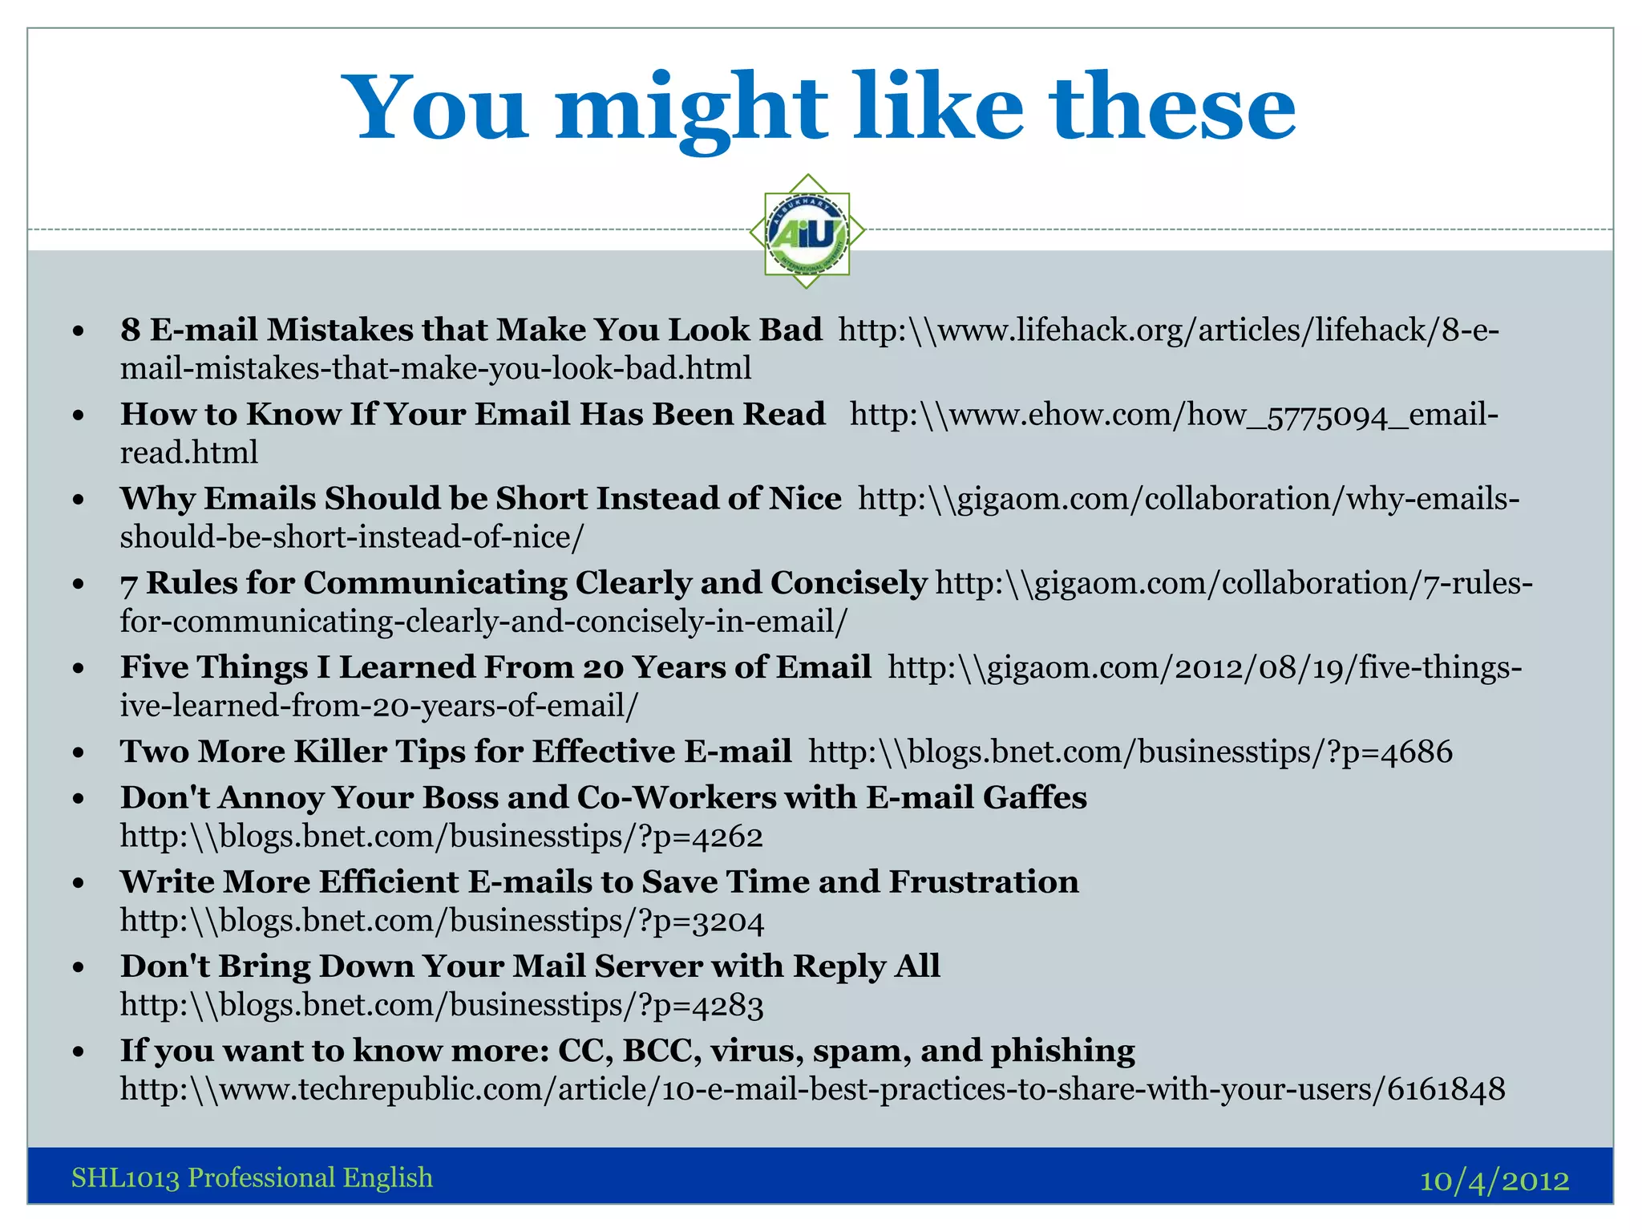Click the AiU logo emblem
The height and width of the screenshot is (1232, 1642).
pyautogui.click(x=807, y=232)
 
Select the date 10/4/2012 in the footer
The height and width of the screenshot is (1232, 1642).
pyautogui.click(x=1494, y=1180)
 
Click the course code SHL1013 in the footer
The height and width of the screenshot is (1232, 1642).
pyautogui.click(x=124, y=1177)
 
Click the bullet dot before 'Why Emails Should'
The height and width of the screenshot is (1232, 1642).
pyautogui.click(x=78, y=500)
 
